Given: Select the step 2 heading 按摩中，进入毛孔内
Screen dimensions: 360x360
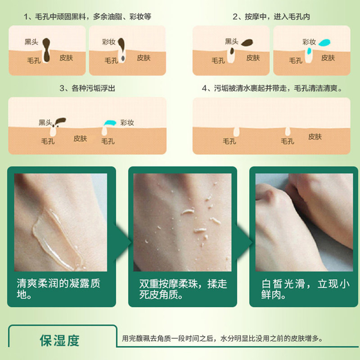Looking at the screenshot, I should click(271, 17).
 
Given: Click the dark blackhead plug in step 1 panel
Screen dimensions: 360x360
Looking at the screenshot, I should click(47, 47).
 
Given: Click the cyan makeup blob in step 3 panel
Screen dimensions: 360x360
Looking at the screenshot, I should click(109, 122).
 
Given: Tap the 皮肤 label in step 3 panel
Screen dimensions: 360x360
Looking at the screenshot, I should click(80, 139).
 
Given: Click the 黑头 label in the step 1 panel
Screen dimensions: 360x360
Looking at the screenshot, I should click(31, 42).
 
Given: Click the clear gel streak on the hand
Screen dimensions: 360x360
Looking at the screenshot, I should click(49, 238).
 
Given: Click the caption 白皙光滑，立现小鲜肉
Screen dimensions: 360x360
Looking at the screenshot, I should click(305, 289).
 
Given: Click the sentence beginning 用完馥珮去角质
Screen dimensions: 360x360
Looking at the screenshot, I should click(223, 339).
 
